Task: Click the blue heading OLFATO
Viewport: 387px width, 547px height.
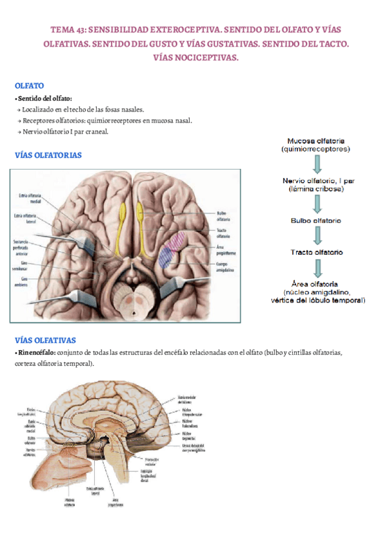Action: [29, 85]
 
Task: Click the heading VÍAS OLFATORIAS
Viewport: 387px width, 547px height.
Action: [48, 155]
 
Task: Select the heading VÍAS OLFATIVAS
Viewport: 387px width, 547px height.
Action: [45, 340]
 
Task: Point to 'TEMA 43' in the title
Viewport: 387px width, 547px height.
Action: [67, 29]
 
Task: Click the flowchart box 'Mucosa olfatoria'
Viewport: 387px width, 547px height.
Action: [315, 144]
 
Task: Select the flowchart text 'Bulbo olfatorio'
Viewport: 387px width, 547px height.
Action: [315, 221]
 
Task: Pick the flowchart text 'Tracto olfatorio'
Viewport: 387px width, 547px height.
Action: [316, 252]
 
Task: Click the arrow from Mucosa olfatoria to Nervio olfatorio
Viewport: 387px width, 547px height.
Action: [316, 164]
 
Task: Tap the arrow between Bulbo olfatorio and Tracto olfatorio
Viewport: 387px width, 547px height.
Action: [316, 236]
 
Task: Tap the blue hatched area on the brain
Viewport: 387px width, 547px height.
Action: [167, 256]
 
